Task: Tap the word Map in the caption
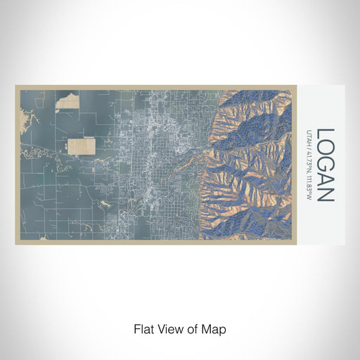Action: pos(214,328)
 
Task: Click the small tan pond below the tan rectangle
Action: pos(103,203)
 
